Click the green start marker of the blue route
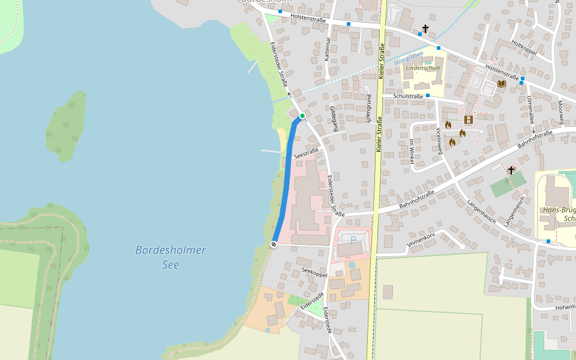[302, 115]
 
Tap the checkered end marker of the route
[274, 244]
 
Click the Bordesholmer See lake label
[170, 257]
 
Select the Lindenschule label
[423, 68]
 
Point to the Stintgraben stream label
[409, 58]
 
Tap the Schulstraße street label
[409, 96]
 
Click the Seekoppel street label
[315, 272]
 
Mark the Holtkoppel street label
[523, 46]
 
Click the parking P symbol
[353, 240]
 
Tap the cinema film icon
[469, 120]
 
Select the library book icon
[502, 83]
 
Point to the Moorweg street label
[560, 109]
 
